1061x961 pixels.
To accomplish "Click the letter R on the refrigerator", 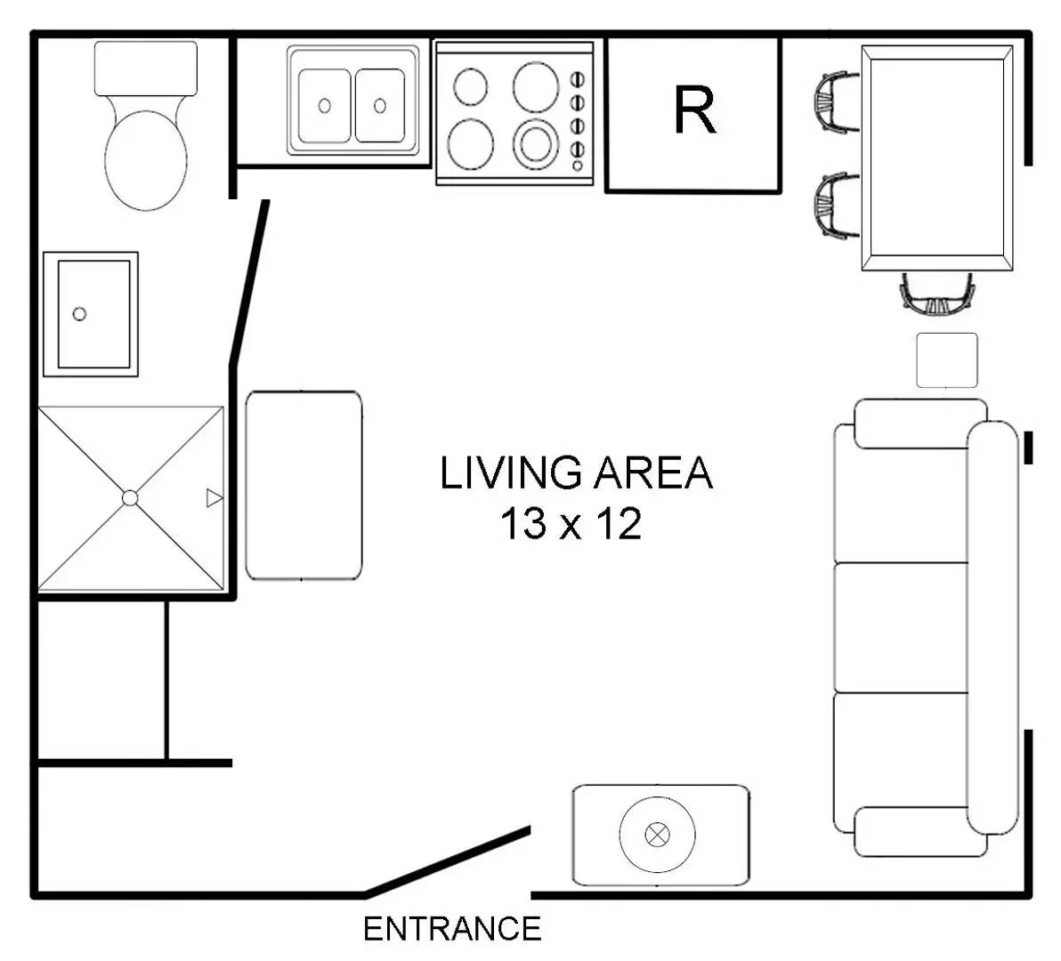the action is (695, 110).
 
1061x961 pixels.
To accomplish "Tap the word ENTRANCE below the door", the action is (452, 929).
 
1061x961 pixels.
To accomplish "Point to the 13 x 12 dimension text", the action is (571, 523).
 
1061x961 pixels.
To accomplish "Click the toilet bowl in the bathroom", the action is (145, 159).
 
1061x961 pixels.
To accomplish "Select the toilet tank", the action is (145, 68).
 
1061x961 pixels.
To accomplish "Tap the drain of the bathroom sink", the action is (79, 314).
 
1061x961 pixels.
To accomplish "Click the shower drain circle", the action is (130, 498).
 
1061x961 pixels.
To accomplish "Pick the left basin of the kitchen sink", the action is (325, 106).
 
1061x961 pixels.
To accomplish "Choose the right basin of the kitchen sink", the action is (379, 106).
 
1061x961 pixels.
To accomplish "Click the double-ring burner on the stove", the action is (536, 145).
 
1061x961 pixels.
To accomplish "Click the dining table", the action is (937, 158).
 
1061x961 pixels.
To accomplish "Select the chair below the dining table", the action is (937, 295).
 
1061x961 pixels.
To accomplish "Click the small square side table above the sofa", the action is (947, 360).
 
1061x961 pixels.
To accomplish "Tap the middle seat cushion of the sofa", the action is (901, 627).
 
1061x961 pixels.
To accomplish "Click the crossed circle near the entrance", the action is (657, 835).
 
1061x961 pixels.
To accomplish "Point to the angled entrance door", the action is (447, 860).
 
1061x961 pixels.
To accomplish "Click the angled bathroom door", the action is (250, 283).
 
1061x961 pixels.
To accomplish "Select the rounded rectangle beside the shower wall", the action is (304, 486).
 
